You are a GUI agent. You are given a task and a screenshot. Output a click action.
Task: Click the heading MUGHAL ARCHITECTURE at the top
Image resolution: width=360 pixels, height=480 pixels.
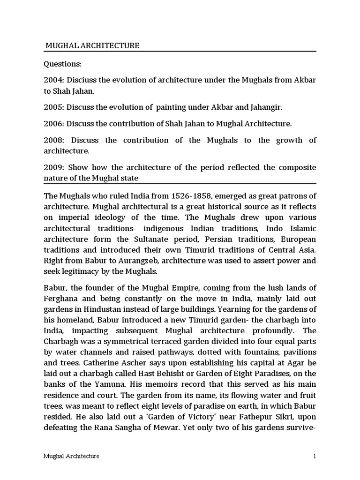click(92, 45)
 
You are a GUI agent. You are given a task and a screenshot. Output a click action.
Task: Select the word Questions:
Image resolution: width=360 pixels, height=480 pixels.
click(62, 63)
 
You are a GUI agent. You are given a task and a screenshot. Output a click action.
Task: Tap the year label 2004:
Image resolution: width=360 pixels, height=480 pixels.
click(53, 80)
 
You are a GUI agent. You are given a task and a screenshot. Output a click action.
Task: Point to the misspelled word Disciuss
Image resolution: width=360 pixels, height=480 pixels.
click(82, 80)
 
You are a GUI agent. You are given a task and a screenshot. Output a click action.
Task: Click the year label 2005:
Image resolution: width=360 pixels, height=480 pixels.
click(53, 107)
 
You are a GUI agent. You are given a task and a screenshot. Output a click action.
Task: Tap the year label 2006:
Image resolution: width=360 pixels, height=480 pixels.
click(53, 124)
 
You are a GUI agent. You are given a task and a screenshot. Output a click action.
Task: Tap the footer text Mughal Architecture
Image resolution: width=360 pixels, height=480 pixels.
click(71, 456)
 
